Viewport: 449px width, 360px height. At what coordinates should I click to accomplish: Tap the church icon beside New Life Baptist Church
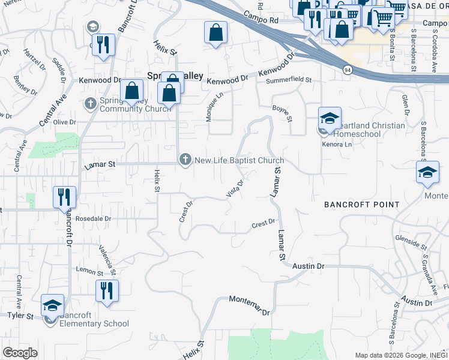click(185, 160)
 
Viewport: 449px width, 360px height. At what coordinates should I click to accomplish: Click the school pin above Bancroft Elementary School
click(52, 305)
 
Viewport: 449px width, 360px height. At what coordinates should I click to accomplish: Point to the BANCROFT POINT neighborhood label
click(361, 205)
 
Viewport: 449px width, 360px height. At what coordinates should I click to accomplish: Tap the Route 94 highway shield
click(348, 70)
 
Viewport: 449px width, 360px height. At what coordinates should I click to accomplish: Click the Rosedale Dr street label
click(95, 219)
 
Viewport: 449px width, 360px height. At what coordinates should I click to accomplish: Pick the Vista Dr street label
click(235, 189)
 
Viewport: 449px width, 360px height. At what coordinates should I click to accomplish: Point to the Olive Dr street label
click(65, 122)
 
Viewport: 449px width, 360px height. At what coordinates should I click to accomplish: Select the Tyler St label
click(20, 315)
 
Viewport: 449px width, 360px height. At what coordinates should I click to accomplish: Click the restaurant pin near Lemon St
click(107, 291)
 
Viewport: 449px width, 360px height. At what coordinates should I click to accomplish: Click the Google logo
click(20, 353)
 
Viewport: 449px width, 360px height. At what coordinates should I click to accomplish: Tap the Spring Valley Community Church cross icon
click(91, 104)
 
